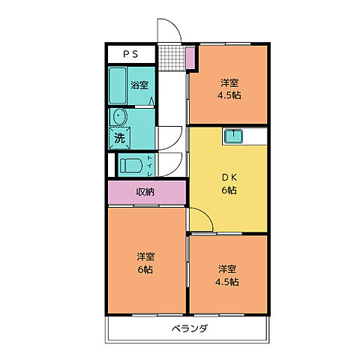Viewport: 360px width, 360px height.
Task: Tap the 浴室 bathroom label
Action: [139, 85]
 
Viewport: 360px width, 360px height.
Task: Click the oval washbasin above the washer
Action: [118, 118]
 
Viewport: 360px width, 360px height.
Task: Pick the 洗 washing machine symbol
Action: [119, 138]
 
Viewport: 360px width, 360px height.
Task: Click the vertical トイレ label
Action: [150, 166]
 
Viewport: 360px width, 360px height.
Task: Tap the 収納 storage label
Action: [145, 192]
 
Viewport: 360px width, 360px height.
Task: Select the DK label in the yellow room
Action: [229, 177]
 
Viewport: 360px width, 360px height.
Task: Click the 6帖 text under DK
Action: [229, 190]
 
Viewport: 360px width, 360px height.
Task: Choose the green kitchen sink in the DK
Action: [233, 136]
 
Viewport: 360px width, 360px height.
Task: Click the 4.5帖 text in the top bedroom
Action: [229, 95]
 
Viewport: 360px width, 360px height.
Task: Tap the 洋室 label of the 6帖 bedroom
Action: [145, 255]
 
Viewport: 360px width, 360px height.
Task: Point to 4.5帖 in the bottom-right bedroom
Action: [228, 282]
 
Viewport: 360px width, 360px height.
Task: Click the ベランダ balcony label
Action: [188, 329]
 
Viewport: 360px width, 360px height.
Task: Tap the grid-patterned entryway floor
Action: [171, 56]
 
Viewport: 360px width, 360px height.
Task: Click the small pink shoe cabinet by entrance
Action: [190, 56]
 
